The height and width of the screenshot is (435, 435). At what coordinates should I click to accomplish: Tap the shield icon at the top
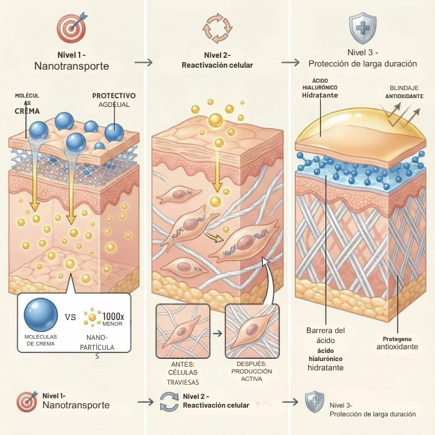pos(362,28)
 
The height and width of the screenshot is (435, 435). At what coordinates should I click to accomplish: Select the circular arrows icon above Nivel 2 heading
pos(217,29)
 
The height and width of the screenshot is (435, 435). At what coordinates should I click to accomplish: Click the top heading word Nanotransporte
pos(71,66)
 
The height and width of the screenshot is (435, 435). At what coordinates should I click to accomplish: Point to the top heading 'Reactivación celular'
pos(217,65)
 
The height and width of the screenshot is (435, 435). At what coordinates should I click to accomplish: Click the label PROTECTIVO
pos(114,96)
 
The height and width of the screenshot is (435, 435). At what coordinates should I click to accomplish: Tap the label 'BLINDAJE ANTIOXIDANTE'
pos(404,92)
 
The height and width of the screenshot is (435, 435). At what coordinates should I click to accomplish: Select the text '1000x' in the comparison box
pos(113,316)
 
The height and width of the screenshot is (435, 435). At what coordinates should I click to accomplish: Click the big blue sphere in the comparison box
pos(41,314)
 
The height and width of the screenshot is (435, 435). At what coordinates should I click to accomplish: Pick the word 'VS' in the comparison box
pos(70,317)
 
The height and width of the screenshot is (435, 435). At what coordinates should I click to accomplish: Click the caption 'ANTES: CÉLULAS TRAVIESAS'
pos(183,373)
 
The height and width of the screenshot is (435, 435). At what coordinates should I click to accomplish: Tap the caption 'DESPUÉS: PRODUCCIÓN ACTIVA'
pos(252,371)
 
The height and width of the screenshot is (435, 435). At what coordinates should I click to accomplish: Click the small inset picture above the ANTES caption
pos(183,331)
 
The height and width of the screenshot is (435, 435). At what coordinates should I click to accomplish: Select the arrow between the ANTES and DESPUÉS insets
pos(217,333)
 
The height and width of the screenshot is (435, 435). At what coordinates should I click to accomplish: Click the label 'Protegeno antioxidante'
pos(397,343)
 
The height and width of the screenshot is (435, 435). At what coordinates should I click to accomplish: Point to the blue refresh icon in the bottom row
pos(169,401)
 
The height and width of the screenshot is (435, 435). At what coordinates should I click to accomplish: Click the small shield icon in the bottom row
pos(314,402)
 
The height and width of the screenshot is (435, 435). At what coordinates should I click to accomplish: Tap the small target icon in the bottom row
pos(27,401)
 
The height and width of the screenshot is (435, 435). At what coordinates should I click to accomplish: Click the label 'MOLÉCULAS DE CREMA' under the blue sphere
pos(40,340)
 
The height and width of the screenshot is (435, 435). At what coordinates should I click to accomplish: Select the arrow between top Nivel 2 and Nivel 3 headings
pos(290,62)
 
